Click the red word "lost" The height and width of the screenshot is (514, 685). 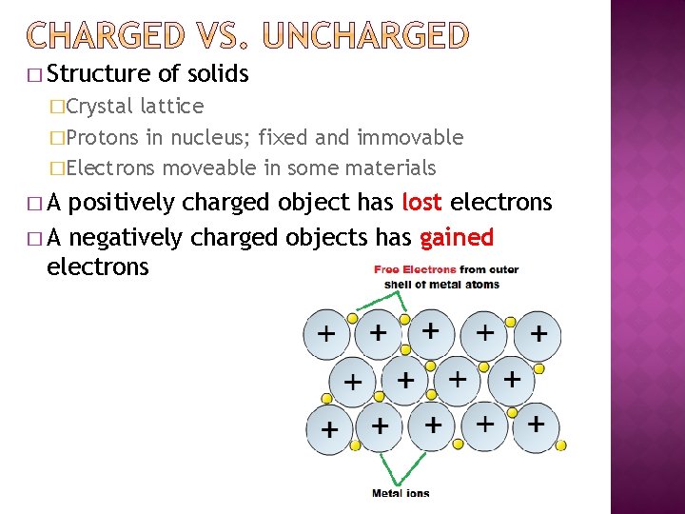(422, 203)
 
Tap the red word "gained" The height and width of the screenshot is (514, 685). (457, 236)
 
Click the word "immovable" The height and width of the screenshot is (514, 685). (410, 137)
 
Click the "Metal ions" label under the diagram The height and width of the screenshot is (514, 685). (401, 493)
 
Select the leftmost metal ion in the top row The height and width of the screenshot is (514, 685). (326, 335)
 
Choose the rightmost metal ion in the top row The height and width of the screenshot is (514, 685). (538, 335)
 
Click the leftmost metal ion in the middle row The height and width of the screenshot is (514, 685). (352, 383)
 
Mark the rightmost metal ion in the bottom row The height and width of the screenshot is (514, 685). (536, 423)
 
